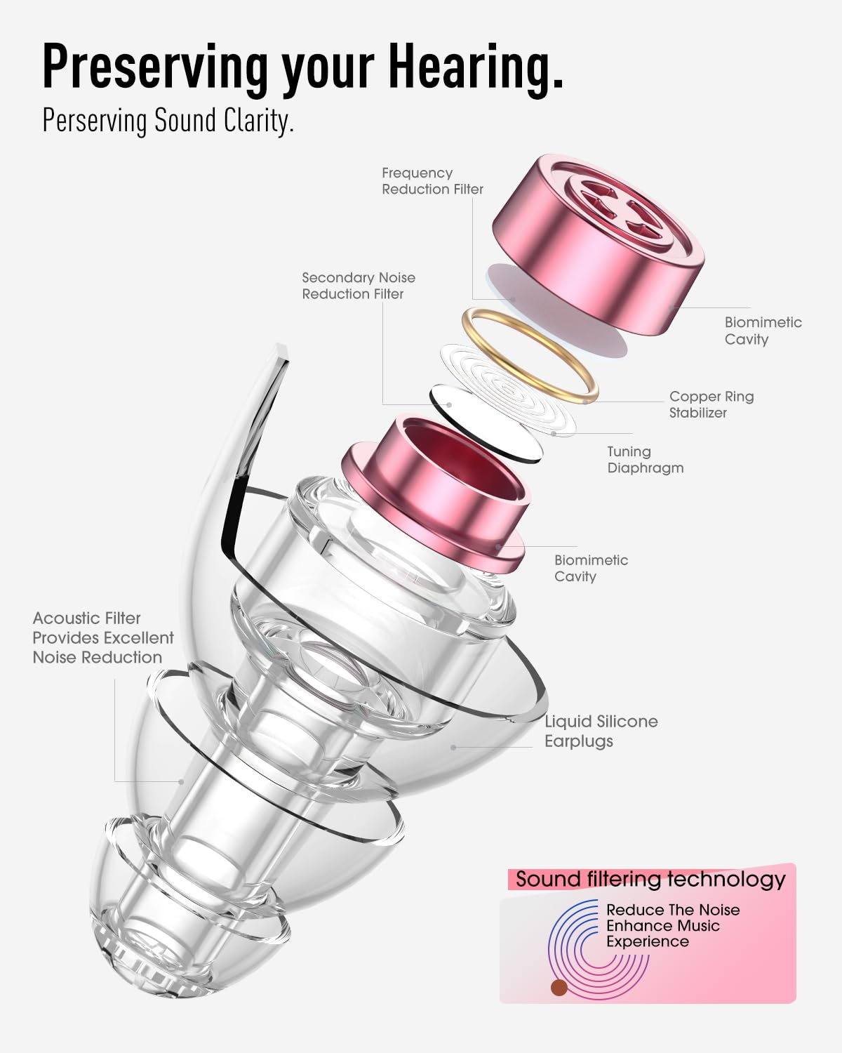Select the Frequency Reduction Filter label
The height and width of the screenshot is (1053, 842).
point(432,181)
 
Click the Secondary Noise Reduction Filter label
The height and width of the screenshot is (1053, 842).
point(359,286)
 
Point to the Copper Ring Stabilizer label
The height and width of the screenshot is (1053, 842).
point(711,404)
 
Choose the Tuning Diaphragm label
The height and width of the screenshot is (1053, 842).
point(646,460)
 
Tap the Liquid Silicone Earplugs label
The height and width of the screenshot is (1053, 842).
point(601,731)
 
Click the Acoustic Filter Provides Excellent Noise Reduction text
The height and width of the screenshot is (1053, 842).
point(103,637)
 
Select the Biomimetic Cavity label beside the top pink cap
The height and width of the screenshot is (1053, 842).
point(763,331)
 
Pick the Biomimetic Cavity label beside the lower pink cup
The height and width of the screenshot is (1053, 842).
point(591,568)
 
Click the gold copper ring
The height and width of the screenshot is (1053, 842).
point(530,356)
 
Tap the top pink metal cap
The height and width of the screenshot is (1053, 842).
point(599,245)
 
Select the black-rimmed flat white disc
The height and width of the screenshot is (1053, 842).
point(486,424)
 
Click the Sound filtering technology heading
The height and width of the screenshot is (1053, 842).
point(650,880)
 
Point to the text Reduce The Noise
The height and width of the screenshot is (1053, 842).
point(673,910)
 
